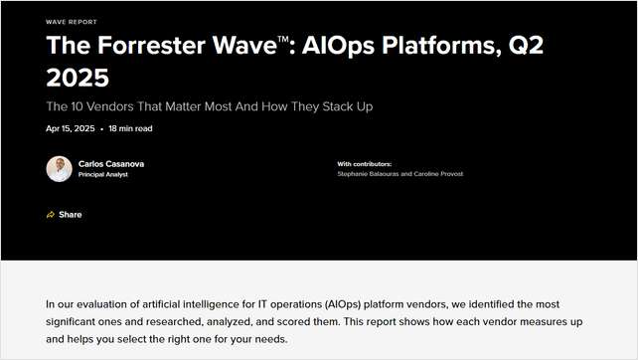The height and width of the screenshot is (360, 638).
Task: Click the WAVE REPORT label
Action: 72,21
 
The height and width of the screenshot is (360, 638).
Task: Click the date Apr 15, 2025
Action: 71,128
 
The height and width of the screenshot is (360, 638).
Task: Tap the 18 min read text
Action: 130,128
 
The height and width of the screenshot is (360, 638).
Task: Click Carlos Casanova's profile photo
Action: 59,168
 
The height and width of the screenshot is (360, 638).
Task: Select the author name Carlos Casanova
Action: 111,163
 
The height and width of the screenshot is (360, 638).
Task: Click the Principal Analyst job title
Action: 103,174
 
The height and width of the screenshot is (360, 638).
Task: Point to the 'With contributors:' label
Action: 365,163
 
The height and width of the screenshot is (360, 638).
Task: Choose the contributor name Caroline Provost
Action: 434,174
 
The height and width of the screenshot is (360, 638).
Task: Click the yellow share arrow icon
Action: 50,215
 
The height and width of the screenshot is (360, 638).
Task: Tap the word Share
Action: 70,215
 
